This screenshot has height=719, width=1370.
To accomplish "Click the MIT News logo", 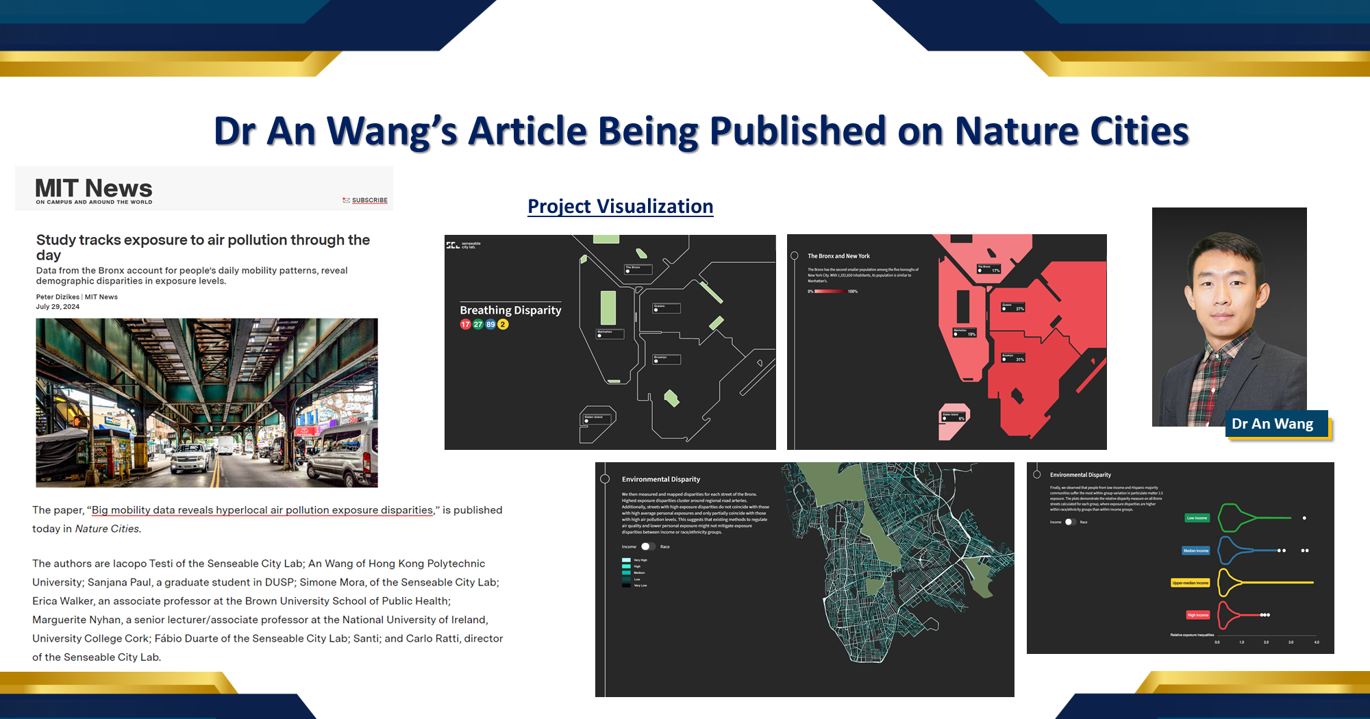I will (94, 190).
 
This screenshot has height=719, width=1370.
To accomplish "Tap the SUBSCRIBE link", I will (369, 201).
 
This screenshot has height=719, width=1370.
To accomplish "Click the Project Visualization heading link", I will (620, 206).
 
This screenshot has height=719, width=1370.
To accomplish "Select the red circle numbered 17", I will (466, 325).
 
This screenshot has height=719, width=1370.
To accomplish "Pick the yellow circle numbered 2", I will (503, 325).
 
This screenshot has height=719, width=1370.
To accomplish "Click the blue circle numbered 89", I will (490, 325).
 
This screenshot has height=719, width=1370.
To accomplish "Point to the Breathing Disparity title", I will (510, 310).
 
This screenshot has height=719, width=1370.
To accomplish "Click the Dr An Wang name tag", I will (1273, 424).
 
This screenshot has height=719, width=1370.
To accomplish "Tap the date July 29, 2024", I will (58, 307).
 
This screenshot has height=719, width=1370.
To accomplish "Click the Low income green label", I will (1197, 518).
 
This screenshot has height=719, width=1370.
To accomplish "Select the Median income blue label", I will (1196, 551).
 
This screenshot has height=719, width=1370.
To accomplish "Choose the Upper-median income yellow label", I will (1191, 583).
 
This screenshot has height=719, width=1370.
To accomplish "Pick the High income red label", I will (1197, 615).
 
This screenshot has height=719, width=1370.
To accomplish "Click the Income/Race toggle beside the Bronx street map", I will (647, 546).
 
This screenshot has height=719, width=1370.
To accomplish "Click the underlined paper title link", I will (262, 510).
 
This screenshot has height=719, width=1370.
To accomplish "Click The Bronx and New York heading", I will (838, 256).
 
